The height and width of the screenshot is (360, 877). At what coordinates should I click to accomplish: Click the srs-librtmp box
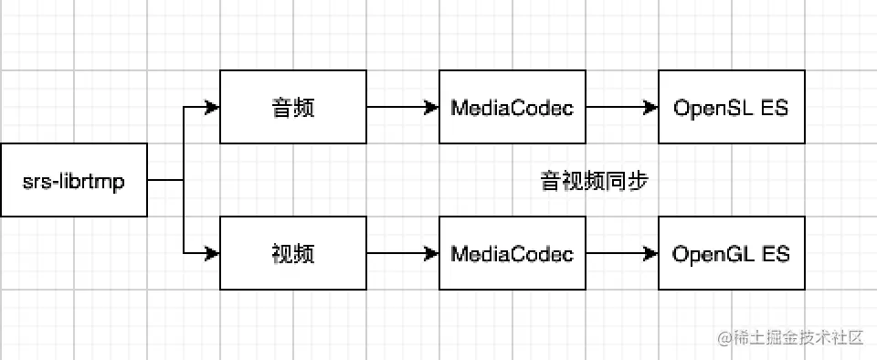pyautogui.click(x=73, y=180)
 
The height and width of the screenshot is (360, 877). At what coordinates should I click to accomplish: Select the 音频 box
pyautogui.click(x=293, y=107)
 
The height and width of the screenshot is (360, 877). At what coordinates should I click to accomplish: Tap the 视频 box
pyautogui.click(x=293, y=253)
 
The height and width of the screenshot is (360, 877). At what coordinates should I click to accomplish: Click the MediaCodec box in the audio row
pyautogui.click(x=512, y=107)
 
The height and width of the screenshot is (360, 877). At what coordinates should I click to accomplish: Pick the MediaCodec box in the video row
pyautogui.click(x=512, y=253)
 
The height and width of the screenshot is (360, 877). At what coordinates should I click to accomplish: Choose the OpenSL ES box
pyautogui.click(x=731, y=107)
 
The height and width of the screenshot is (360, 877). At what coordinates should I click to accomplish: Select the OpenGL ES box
pyautogui.click(x=731, y=253)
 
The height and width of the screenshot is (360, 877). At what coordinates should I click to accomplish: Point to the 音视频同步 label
pyautogui.click(x=595, y=181)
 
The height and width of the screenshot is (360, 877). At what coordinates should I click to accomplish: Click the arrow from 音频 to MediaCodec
pyautogui.click(x=402, y=107)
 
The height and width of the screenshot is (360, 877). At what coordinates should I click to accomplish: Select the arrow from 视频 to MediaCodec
pyautogui.click(x=402, y=253)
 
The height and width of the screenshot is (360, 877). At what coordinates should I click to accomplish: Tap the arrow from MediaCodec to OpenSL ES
pyautogui.click(x=621, y=107)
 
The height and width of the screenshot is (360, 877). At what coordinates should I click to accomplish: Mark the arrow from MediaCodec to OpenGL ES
pyautogui.click(x=621, y=253)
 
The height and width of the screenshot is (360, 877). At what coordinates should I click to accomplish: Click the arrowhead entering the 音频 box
pyautogui.click(x=213, y=107)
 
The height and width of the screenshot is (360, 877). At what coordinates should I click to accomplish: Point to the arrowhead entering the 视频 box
pyautogui.click(x=213, y=253)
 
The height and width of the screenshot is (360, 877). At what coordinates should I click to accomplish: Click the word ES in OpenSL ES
pyautogui.click(x=775, y=107)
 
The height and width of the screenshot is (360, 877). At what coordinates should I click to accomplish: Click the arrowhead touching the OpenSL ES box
pyautogui.click(x=651, y=107)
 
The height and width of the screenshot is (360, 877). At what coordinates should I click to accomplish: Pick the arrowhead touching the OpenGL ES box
pyautogui.click(x=651, y=253)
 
